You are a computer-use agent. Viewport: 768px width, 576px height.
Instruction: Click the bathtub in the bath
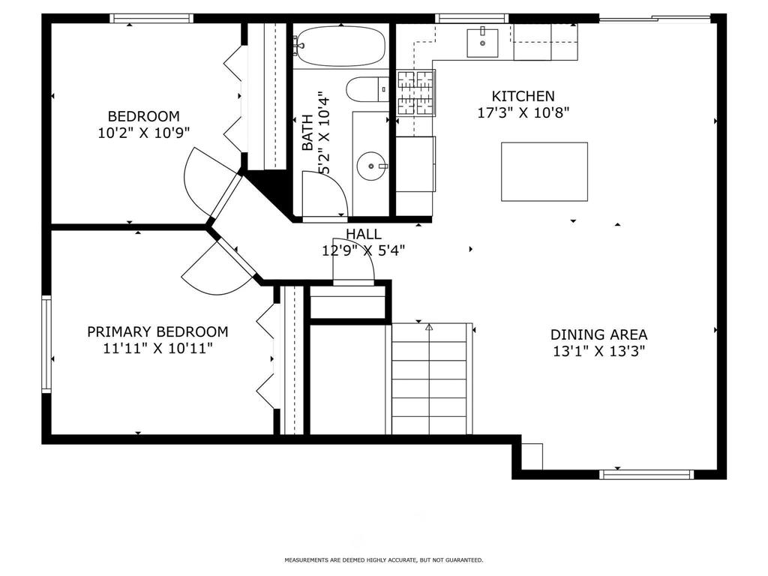(x=341, y=46)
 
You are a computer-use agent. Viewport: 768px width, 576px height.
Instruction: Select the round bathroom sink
(x=372, y=166)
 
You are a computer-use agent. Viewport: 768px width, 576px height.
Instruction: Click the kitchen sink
(x=482, y=43)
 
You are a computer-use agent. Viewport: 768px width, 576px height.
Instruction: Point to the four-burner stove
(x=415, y=92)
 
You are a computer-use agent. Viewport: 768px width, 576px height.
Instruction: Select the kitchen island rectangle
(x=544, y=172)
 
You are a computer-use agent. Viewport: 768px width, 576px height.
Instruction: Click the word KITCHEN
(x=523, y=96)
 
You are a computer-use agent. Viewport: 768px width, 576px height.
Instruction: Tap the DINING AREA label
(x=599, y=334)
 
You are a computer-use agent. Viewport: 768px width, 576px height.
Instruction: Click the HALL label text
(x=364, y=234)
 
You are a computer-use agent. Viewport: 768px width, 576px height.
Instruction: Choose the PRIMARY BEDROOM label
(x=157, y=331)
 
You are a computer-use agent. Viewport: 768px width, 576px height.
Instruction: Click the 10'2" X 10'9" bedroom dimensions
(x=143, y=133)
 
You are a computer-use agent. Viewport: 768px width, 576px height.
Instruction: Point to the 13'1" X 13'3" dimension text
(x=598, y=351)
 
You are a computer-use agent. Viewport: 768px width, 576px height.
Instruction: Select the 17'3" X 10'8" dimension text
(x=523, y=113)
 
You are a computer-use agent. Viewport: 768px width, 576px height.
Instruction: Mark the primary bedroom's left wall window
(x=46, y=343)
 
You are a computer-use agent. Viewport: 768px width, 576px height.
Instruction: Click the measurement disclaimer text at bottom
(x=383, y=559)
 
